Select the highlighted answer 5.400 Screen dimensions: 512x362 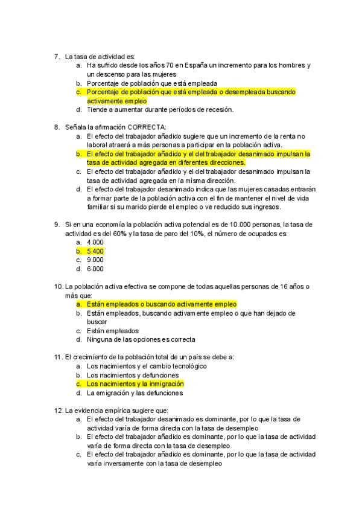95,251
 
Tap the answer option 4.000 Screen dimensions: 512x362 95,242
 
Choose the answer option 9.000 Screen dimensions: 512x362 95,260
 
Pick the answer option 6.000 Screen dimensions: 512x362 95,269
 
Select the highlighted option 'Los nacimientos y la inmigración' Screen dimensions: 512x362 135,383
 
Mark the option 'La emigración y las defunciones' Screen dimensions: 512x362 135,392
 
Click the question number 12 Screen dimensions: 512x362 58,410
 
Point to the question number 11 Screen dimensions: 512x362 58,357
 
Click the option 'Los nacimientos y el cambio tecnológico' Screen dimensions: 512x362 147,366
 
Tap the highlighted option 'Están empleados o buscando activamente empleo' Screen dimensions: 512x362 162,304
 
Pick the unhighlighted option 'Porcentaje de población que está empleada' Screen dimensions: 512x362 152,83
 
